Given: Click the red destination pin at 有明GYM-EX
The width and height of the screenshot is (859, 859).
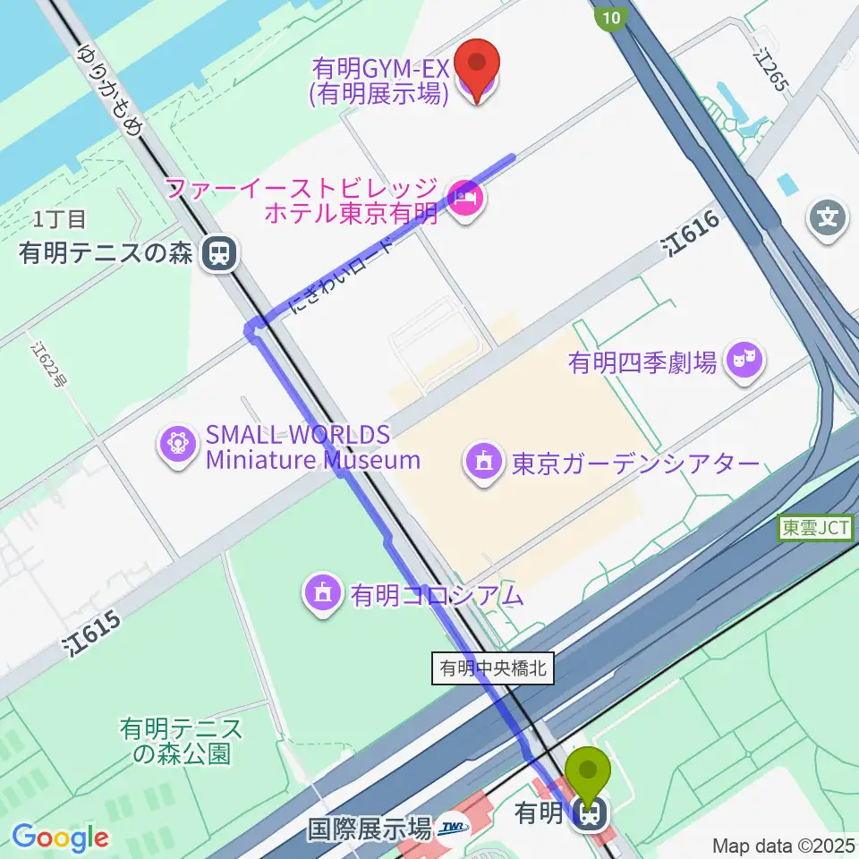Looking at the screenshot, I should pos(476,69).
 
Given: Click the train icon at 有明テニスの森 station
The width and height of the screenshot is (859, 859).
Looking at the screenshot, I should pos(217,253).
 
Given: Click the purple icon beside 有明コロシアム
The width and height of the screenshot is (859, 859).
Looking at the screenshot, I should pos(323,593).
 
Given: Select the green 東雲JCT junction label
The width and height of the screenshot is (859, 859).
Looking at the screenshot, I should pos(817,528).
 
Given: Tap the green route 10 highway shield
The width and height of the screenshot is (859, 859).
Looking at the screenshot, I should pos(609,17).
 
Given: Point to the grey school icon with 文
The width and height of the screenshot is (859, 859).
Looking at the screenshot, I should pos(829,218).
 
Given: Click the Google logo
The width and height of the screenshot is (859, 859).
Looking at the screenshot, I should pos(60,837).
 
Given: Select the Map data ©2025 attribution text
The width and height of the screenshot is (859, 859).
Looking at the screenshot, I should pos(783,845).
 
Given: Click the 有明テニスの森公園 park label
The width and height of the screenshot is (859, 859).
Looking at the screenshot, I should pos(182,741).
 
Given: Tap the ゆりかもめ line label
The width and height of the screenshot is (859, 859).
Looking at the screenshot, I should pos(111,88).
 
